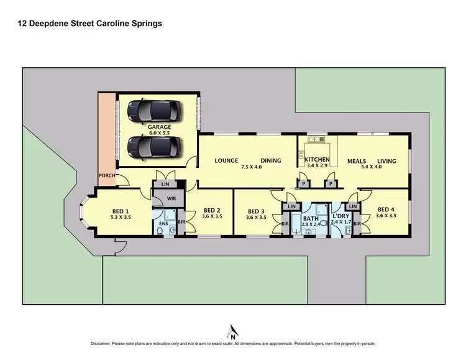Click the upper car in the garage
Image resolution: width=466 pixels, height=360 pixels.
[154, 111]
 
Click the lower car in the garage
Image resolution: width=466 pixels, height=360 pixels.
[154, 147]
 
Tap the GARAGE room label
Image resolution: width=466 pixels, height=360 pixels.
[160, 127]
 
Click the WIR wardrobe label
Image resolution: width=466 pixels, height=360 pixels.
[164, 200]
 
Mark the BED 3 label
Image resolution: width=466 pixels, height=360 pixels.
[256, 210]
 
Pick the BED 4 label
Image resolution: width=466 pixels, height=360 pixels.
[386, 210]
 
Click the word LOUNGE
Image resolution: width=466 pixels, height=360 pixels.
[227, 160]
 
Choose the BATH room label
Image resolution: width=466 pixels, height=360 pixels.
[310, 218]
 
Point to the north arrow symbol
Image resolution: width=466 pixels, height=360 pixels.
[232, 331]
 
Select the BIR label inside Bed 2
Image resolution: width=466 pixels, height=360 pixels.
[181, 221]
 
